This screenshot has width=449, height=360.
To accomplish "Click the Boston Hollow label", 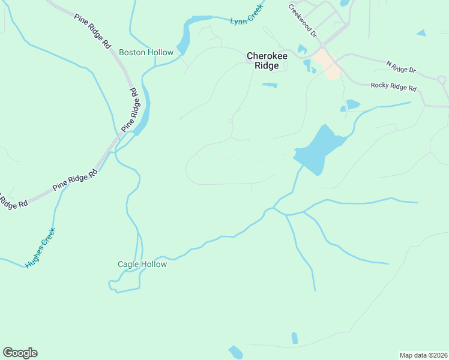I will (146, 52).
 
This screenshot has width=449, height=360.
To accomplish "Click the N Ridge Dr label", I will (400, 66).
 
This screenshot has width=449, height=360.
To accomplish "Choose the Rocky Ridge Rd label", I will (393, 87).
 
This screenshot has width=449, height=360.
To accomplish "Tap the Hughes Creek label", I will (40, 247).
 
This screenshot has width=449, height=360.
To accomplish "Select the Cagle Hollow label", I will (142, 264).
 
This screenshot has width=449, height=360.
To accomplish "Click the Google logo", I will (20, 353).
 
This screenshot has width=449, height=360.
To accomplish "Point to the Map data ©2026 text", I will (423, 355).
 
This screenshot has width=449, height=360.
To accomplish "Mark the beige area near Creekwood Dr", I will (327, 63).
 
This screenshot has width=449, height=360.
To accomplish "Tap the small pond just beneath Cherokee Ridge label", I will (270, 85).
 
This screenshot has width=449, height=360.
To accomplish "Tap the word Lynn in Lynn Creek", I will (237, 21).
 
